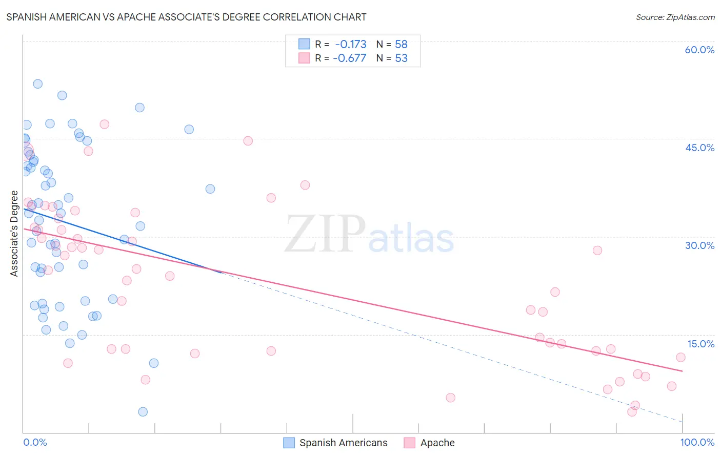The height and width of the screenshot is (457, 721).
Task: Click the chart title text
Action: [186, 17]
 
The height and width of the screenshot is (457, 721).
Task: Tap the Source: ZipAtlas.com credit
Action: [675, 17]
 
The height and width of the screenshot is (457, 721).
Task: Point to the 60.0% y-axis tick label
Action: [699, 50]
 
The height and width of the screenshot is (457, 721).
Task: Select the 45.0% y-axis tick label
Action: [699, 148]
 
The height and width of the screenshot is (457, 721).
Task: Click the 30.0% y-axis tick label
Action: [699, 245]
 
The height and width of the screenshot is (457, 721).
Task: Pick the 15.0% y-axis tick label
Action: [700, 344]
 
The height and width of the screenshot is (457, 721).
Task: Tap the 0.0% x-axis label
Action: [35, 442]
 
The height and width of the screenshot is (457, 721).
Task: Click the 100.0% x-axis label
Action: [697, 442]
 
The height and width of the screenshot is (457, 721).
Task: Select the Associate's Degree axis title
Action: [14, 234]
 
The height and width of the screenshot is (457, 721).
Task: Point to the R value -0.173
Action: [350, 44]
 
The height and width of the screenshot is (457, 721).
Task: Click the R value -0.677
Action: [349, 58]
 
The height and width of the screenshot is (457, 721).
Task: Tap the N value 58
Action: [401, 44]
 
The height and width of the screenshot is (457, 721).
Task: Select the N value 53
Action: [401, 58]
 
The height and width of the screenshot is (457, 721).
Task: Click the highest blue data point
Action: [37, 84]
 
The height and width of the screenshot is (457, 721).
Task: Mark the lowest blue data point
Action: [143, 412]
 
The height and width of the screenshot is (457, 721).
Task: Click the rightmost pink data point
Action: [680, 357]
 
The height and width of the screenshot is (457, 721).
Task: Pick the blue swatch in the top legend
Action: [304, 44]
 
